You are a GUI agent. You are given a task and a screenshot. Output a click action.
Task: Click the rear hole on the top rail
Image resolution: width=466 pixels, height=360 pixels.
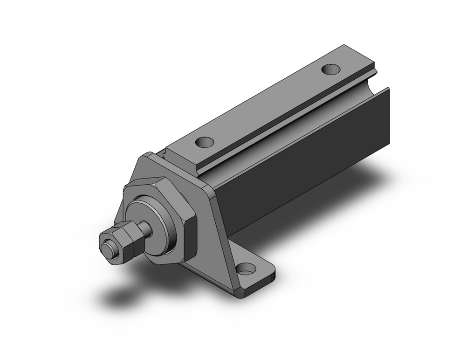332,69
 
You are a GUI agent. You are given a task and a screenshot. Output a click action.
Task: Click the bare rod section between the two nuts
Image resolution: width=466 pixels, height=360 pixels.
146,228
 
